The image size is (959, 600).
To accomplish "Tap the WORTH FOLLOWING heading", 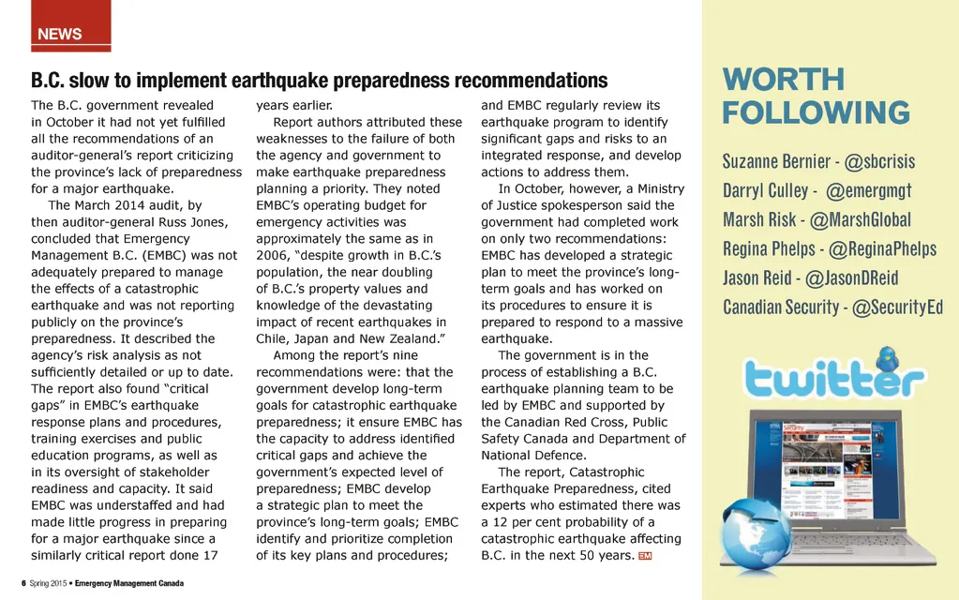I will (816, 96).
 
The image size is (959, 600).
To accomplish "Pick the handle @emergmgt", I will (872, 191).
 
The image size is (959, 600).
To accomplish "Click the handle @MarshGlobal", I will (859, 220).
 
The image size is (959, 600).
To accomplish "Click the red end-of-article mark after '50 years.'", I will (644, 556).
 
